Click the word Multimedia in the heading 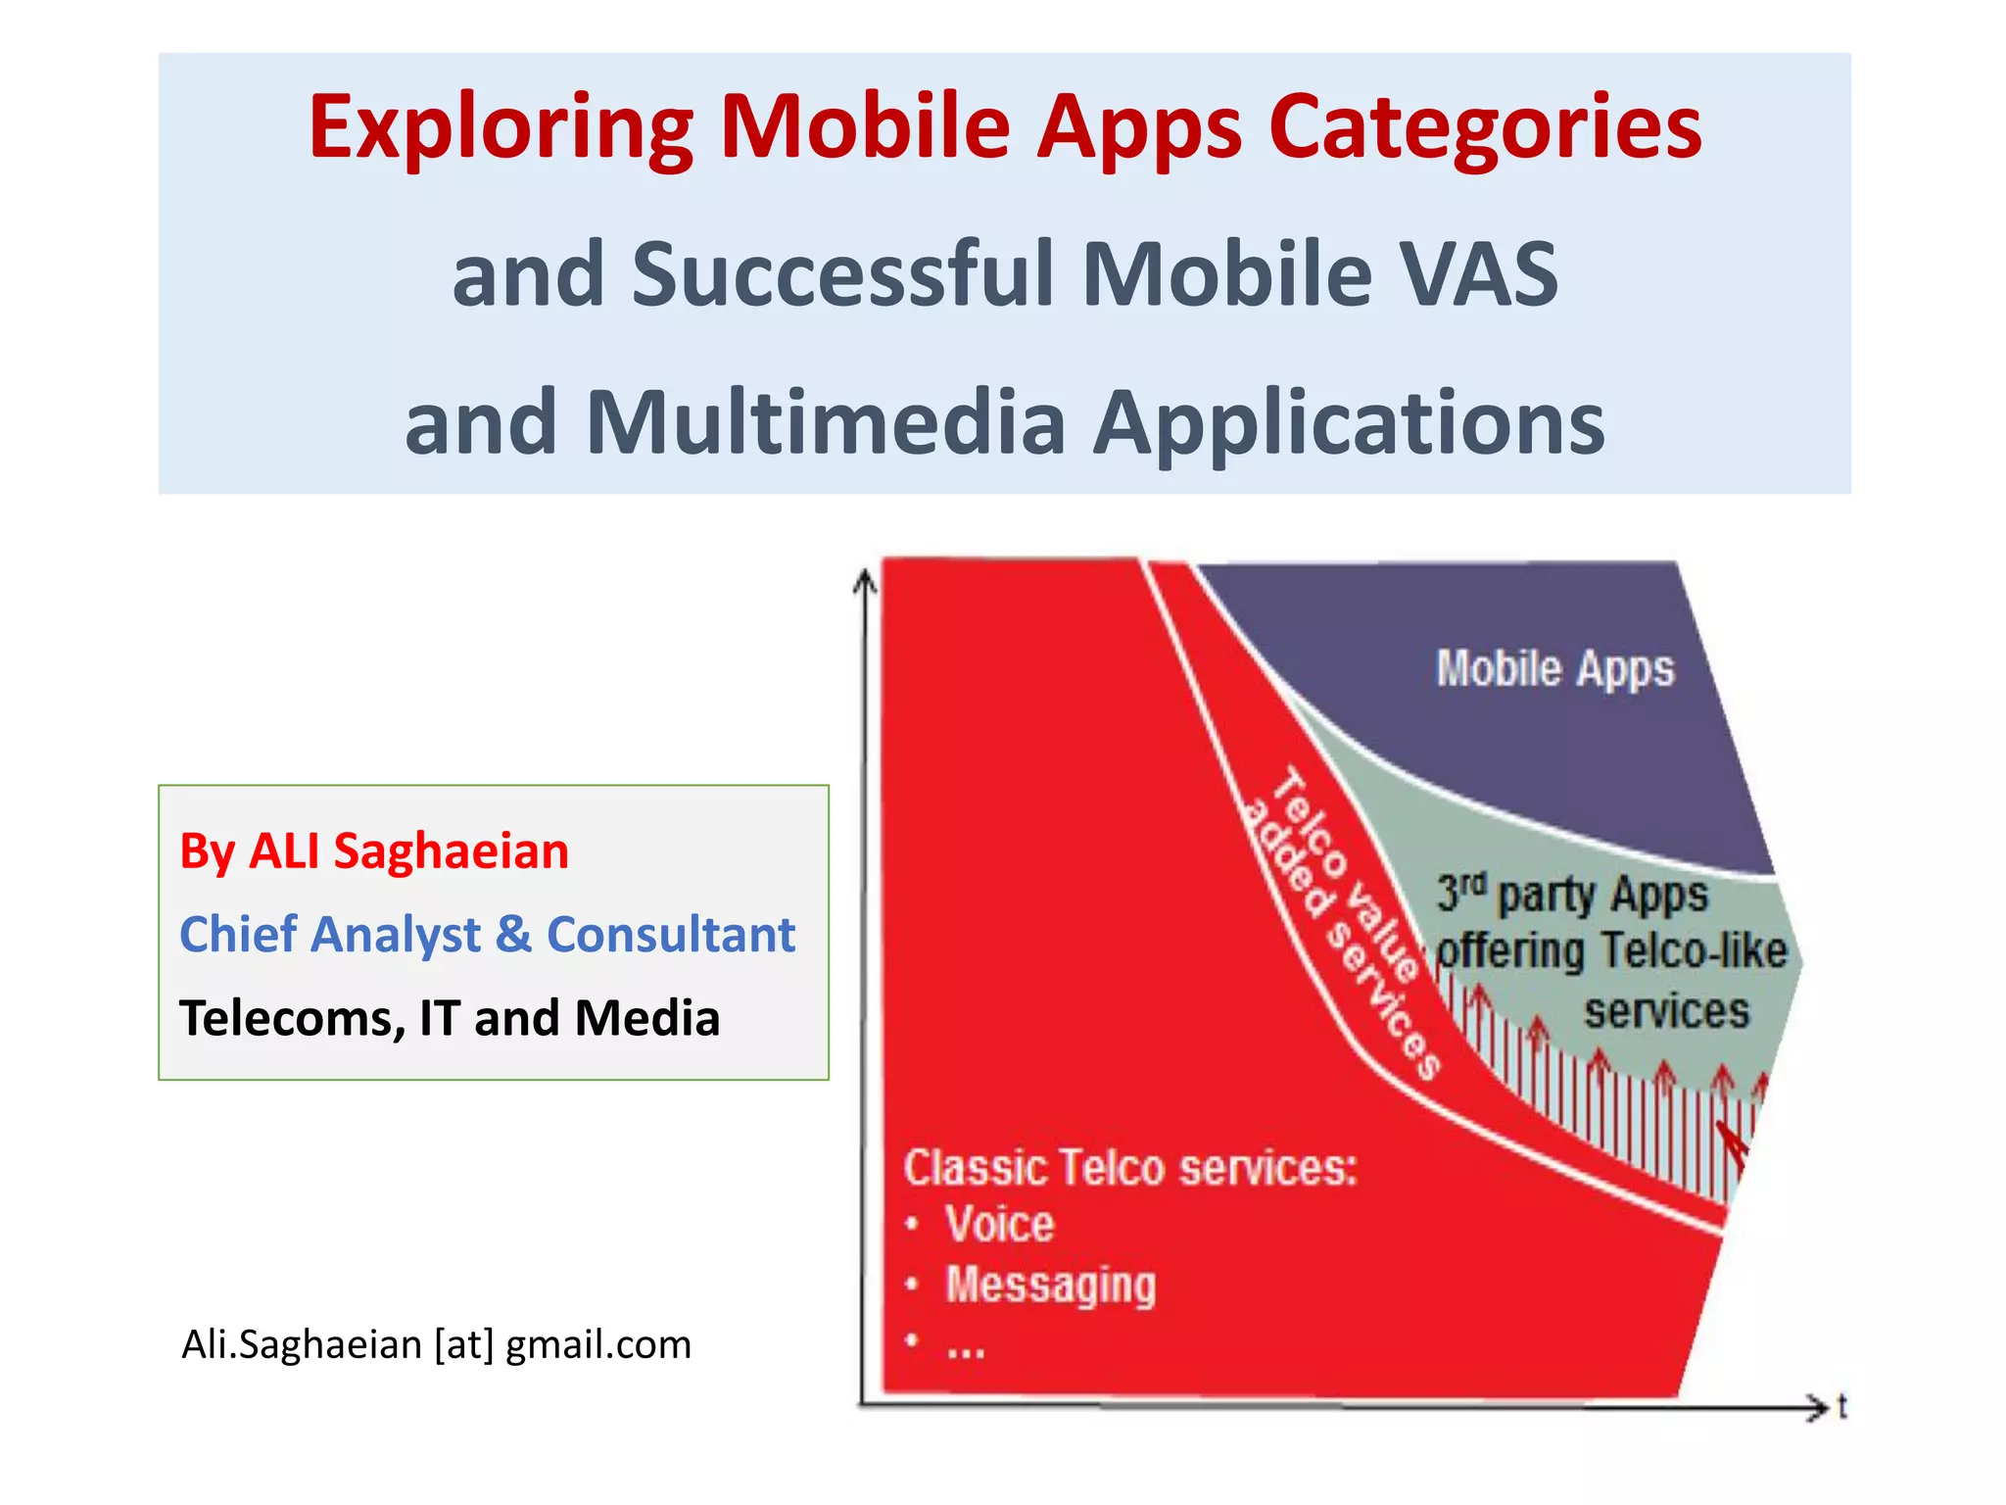click(x=825, y=423)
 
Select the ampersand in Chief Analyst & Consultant click(x=513, y=934)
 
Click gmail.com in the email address click(x=597, y=1344)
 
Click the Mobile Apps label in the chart click(x=1554, y=670)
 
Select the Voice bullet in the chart click(x=998, y=1225)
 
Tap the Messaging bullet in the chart click(x=1050, y=1285)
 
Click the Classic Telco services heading click(x=1129, y=1168)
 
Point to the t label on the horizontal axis click(x=1841, y=1407)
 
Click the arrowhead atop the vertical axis click(x=864, y=582)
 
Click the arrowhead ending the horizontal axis click(x=1819, y=1407)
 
